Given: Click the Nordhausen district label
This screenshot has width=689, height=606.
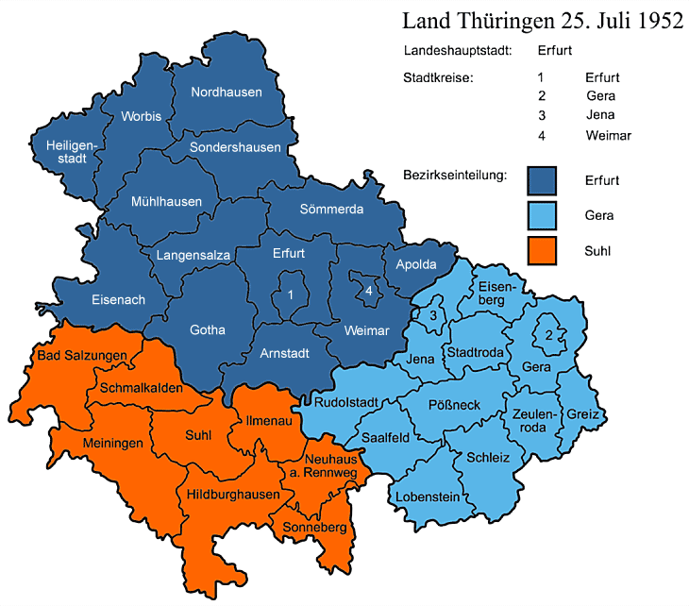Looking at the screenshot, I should coord(227,93).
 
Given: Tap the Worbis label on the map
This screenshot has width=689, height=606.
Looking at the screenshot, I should coord(142,116).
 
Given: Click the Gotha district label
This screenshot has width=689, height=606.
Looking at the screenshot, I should coord(208,330).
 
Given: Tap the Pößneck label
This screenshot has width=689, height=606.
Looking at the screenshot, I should coord(455,404).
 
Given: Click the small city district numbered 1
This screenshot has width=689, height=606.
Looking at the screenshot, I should coord(291,296).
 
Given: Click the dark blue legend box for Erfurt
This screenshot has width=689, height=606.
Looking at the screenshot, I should coord(543,178).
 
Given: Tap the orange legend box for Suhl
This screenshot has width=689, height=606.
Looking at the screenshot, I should coord(543,252).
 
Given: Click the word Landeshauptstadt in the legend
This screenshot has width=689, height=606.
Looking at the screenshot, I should coord(458,50).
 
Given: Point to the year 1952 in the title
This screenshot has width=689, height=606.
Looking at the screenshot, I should coord(651,21).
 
